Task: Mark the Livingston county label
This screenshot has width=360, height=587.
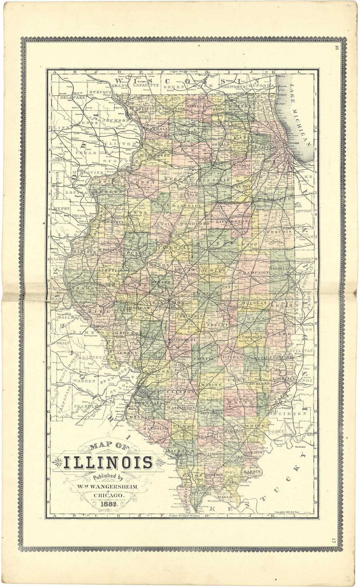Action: [232, 222]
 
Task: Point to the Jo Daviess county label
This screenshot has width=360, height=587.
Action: [141, 108]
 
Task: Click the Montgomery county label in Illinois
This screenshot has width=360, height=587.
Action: [181, 340]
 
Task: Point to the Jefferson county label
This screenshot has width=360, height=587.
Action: [211, 413]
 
